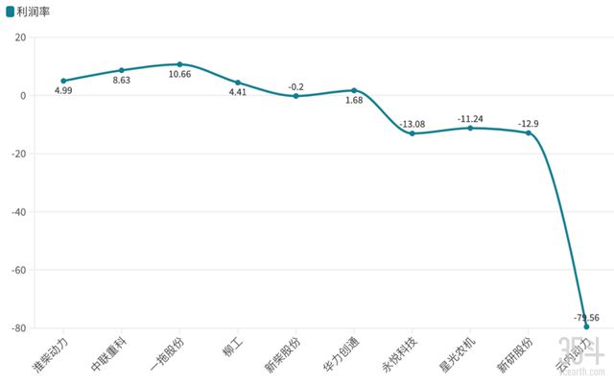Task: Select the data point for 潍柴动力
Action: (x=63, y=81)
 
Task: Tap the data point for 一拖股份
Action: (x=179, y=64)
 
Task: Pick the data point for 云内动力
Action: (x=586, y=326)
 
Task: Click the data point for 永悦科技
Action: (x=412, y=133)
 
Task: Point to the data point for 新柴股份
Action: (x=295, y=96)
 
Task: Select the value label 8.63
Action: (x=122, y=82)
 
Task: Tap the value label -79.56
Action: (x=586, y=318)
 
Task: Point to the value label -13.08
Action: (x=412, y=124)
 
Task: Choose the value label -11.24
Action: (x=470, y=118)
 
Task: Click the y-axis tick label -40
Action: (x=18, y=212)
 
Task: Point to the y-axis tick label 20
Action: (x=20, y=37)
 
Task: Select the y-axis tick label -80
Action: (x=18, y=328)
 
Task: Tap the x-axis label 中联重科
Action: (x=109, y=353)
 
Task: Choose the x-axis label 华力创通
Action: (x=342, y=353)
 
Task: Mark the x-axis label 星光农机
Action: (x=458, y=353)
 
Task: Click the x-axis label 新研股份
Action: (x=515, y=353)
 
